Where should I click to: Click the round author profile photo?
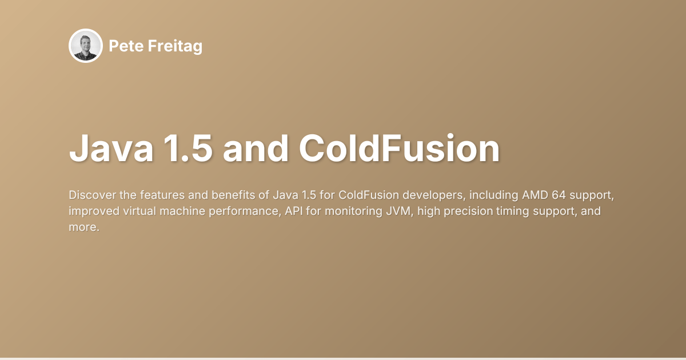86,46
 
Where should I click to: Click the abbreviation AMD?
535,195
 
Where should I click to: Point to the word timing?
507,211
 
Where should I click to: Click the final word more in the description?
82,227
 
